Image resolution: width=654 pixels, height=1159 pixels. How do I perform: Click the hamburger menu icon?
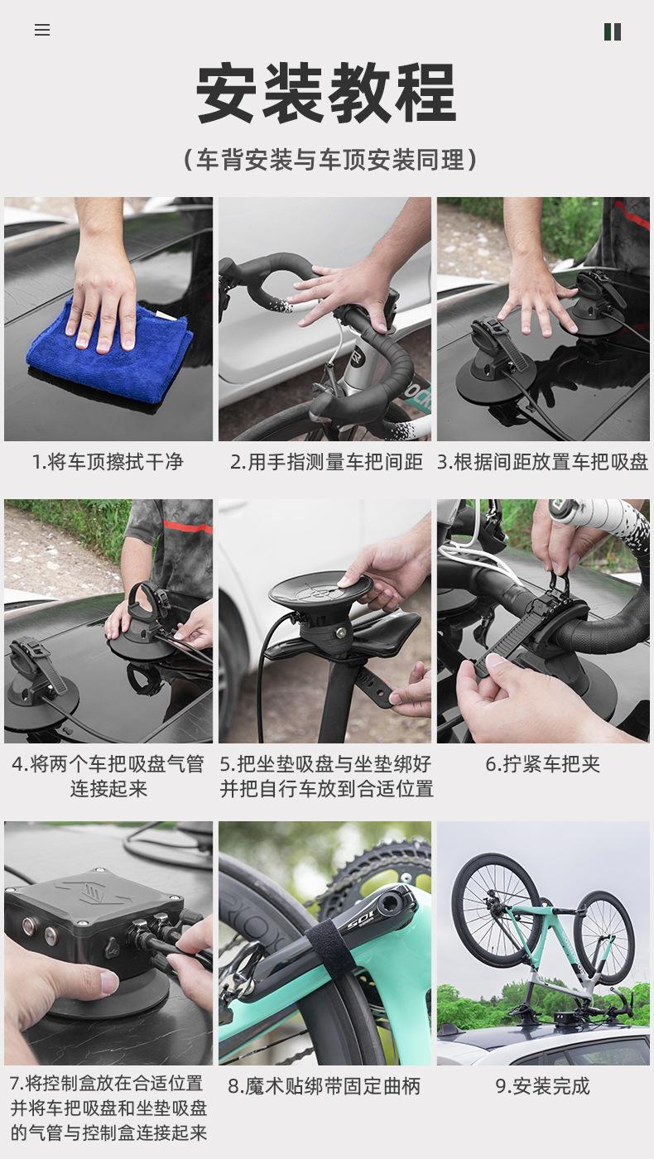coord(42,30)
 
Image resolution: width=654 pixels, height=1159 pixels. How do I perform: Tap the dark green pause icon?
coord(612,32)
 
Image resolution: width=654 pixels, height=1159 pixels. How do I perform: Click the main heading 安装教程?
coord(326,93)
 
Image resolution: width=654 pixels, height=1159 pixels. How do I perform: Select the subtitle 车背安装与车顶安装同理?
coord(330,159)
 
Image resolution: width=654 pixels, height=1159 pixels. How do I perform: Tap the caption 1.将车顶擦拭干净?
coord(108,462)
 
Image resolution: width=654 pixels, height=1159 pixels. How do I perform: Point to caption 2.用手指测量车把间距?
coord(326,462)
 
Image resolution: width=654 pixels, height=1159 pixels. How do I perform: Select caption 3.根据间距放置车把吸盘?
coord(543,462)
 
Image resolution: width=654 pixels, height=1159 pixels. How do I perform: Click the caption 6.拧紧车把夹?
coord(543,764)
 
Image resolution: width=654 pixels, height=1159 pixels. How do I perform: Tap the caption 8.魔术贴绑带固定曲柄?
coord(325,1086)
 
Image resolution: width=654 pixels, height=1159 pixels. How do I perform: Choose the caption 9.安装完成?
coord(543,1086)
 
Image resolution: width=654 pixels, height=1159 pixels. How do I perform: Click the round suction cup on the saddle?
coord(321,589)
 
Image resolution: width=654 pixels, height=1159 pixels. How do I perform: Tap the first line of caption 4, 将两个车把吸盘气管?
coord(108,764)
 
